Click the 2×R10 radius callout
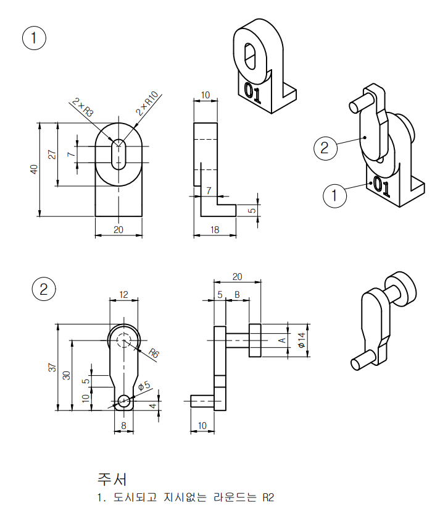coord(147,103)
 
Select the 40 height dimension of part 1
coord(35,169)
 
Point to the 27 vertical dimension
coord(52,155)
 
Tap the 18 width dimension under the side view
coord(215,229)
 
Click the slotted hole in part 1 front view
coord(118,153)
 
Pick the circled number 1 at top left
coord(34,38)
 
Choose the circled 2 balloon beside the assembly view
coord(325,148)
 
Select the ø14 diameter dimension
coord(301,339)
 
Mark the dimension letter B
coord(236,295)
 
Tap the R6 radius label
coord(154,354)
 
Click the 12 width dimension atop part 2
coord(123,295)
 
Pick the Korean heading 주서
coord(112,478)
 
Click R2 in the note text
coord(267,497)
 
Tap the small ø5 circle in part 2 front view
coord(124,400)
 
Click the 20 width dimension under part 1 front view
coord(118,229)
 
